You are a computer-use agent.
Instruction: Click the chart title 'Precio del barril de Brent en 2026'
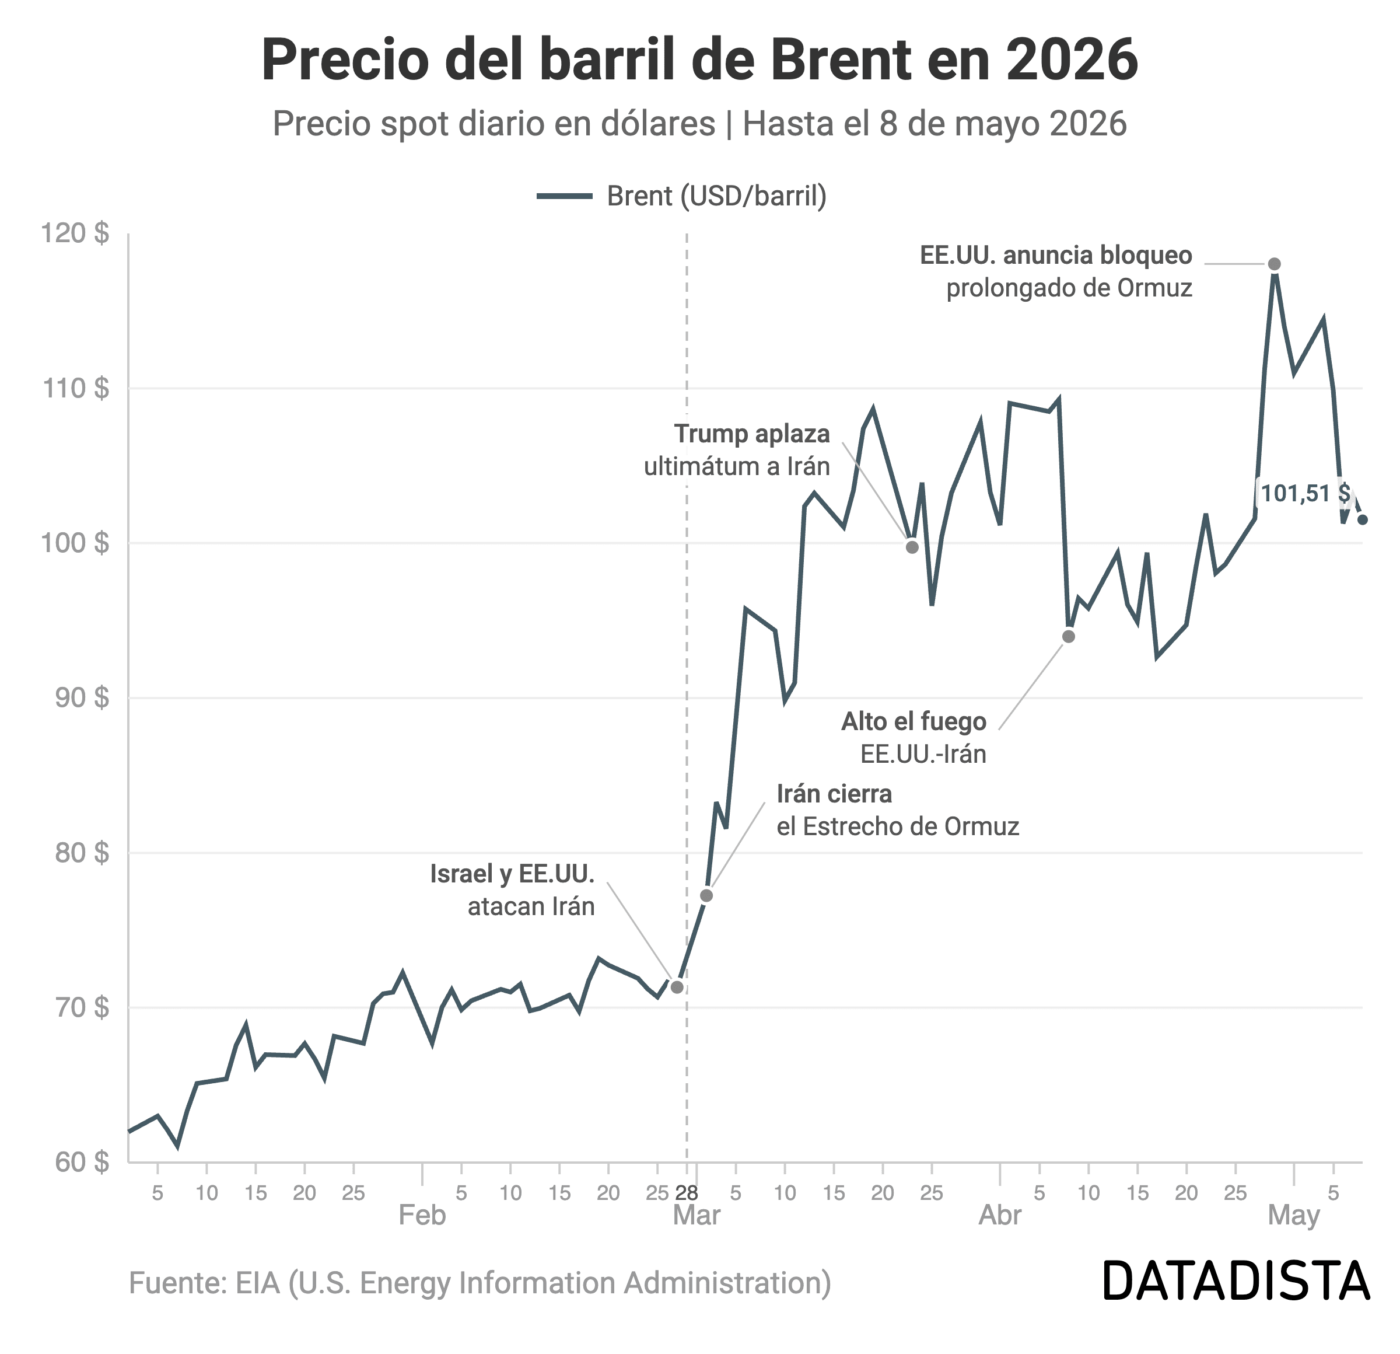click(699, 61)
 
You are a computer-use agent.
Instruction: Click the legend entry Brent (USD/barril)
click(682, 196)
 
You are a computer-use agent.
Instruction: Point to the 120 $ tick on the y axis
click(75, 233)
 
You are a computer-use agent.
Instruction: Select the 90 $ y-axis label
click(82, 697)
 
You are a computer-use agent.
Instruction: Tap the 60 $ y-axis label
click(82, 1162)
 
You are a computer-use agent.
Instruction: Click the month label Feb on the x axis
click(422, 1215)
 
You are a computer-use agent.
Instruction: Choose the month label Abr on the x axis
click(1000, 1215)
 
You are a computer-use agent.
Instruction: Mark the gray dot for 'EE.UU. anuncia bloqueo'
click(1274, 264)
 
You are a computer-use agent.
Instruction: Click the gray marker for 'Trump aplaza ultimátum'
click(912, 547)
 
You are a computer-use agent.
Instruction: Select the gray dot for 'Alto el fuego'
click(1069, 637)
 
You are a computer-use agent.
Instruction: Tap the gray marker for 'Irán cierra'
click(706, 896)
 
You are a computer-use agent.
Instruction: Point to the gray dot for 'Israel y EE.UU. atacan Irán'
click(677, 987)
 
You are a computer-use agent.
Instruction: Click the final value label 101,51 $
click(1305, 494)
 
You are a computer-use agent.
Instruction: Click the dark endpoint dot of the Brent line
click(1362, 519)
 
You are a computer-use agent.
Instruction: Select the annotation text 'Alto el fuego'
click(914, 722)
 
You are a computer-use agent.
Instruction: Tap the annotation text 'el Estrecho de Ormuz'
click(898, 826)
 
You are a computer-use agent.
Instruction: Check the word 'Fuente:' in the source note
click(178, 1283)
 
